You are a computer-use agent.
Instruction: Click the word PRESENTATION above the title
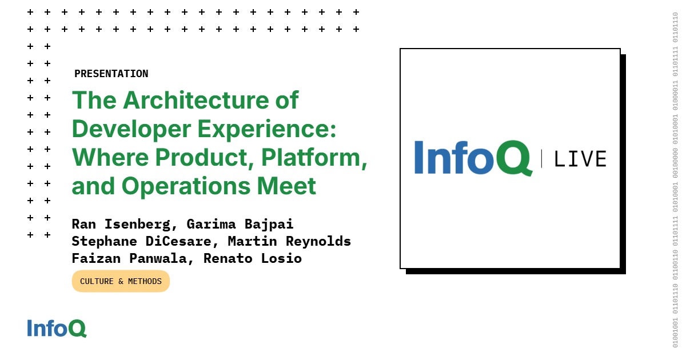111,74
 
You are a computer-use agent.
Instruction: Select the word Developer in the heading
131,129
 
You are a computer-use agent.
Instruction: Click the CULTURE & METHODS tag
121,281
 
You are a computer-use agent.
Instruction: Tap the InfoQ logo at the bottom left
57,328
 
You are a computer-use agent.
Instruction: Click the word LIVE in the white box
580,159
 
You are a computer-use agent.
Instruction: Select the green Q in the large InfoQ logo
513,158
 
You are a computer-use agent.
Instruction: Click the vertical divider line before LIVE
541,158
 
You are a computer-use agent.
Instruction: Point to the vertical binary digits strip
675,180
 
